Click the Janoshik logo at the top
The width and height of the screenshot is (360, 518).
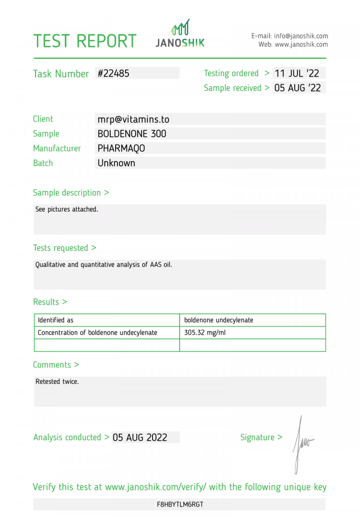[180, 34]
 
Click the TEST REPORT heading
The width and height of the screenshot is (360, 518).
[85, 41]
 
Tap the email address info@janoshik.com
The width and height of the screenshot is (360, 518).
[301, 36]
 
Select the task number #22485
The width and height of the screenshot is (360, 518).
[113, 73]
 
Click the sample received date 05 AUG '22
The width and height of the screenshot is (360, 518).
[297, 88]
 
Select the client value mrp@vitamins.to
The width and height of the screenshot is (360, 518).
[133, 119]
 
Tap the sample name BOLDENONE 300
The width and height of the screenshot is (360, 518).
[132, 134]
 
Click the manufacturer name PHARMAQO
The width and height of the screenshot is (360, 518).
[121, 148]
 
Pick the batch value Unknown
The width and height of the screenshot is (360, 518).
[116, 163]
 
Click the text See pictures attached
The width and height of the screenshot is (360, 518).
[67, 209]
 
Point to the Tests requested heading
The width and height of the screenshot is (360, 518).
[64, 248]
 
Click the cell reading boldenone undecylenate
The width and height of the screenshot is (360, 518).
[219, 320]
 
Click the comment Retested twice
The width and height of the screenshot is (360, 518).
[57, 382]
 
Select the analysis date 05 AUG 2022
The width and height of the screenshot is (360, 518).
[140, 437]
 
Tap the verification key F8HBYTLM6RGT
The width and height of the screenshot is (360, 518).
[180, 504]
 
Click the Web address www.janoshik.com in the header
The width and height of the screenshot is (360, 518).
[301, 45]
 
